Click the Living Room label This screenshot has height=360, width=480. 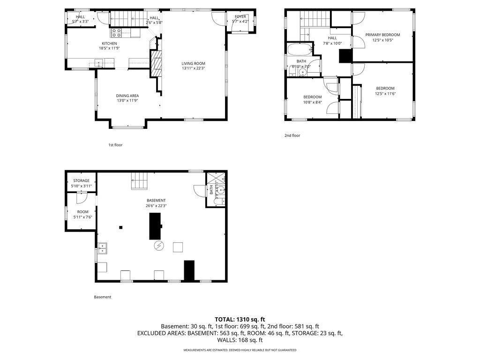point(194,63)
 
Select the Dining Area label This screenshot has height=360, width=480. point(127,96)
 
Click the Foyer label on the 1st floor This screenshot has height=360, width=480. point(240,17)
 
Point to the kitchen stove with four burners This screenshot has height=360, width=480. point(116,32)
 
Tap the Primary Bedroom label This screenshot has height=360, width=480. point(382,35)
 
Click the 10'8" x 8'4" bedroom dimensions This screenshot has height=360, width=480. point(312,102)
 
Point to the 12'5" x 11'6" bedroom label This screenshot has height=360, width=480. point(385,88)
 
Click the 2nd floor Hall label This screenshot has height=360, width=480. point(332,38)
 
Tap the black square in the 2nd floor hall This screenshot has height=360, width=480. point(345,56)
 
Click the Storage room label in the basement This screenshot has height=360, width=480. point(81,180)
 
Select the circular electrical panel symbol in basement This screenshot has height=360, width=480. point(158,246)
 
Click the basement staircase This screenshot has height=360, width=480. point(140,180)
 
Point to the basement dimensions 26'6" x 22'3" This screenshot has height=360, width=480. point(156,205)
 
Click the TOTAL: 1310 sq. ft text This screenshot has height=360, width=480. point(240,319)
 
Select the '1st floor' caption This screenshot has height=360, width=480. point(115,145)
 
